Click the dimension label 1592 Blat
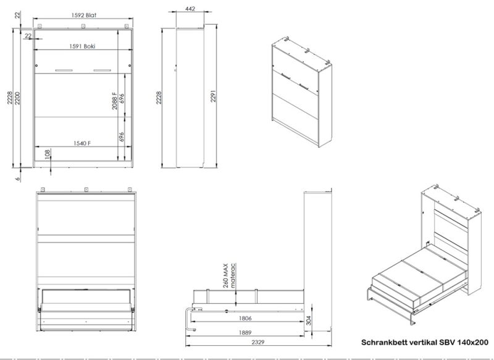[x=83, y=15]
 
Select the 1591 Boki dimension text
[x=82, y=46]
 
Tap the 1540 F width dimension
[x=82, y=143]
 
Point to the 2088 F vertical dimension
[x=115, y=101]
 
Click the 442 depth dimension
[x=190, y=9]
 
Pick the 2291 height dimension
[x=213, y=96]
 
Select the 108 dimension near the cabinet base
[x=48, y=154]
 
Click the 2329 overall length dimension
[x=257, y=342]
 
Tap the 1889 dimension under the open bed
[x=245, y=333]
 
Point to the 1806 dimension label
[x=245, y=319]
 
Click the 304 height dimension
[x=309, y=320]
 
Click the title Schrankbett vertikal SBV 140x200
[x=425, y=342]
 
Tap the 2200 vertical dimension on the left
[x=17, y=98]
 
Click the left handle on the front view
[x=64, y=70]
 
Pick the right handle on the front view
[x=102, y=70]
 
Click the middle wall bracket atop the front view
[x=83, y=26]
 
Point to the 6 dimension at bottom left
[x=18, y=179]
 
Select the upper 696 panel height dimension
[x=122, y=98]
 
